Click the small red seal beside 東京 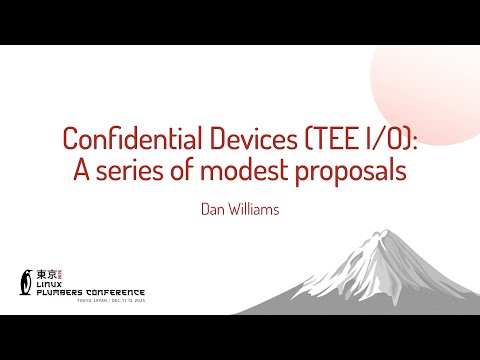coord(59,272)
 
